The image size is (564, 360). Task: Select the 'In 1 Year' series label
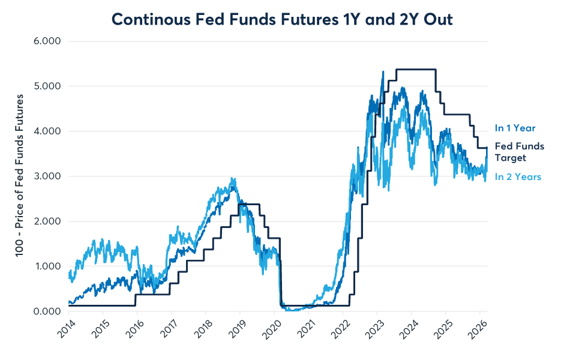click(x=515, y=128)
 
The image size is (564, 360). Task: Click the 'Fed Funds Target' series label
click(x=519, y=152)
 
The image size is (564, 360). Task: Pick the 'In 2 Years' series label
click(x=518, y=177)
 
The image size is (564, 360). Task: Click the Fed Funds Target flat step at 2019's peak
click(x=249, y=205)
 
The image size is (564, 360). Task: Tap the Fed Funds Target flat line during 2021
click(x=312, y=305)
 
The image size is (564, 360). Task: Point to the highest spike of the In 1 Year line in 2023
click(x=383, y=71)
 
